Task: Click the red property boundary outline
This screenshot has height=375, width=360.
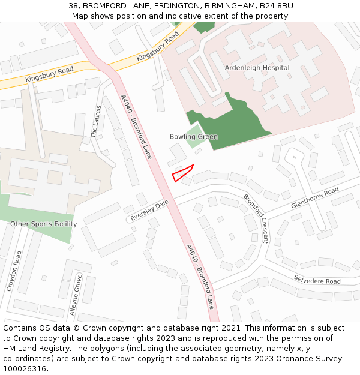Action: pyautogui.click(x=182, y=173)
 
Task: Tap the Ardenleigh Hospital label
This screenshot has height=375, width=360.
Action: pyautogui.click(x=257, y=68)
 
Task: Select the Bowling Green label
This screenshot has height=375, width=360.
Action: pyautogui.click(x=193, y=137)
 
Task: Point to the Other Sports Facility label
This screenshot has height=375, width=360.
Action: pyautogui.click(x=43, y=224)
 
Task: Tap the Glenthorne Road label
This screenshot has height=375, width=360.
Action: pyautogui.click(x=315, y=199)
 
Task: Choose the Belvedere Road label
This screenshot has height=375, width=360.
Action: pyautogui.click(x=317, y=279)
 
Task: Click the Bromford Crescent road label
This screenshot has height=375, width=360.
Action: pyautogui.click(x=256, y=218)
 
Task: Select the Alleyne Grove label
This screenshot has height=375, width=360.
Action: pyautogui.click(x=76, y=295)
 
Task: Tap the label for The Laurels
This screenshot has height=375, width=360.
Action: pyautogui.click(x=96, y=122)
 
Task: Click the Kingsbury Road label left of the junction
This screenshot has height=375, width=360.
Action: pyautogui.click(x=49, y=75)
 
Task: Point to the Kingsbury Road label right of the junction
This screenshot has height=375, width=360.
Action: pyautogui.click(x=158, y=47)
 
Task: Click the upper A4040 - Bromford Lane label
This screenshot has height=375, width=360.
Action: pyautogui.click(x=136, y=127)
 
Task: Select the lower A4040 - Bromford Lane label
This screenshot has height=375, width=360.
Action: pyautogui.click(x=200, y=276)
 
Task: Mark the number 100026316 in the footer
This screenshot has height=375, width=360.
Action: pyautogui.click(x=26, y=368)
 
